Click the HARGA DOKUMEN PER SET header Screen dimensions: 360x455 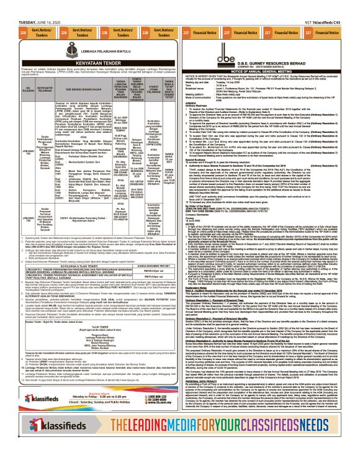pyautogui.click(x=150, y=246)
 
